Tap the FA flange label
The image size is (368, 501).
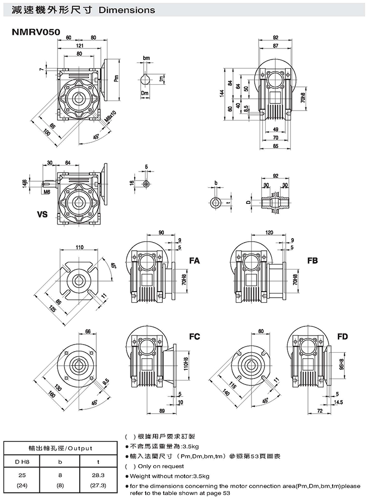195,261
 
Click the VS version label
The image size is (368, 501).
42,214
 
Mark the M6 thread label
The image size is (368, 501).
46,192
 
